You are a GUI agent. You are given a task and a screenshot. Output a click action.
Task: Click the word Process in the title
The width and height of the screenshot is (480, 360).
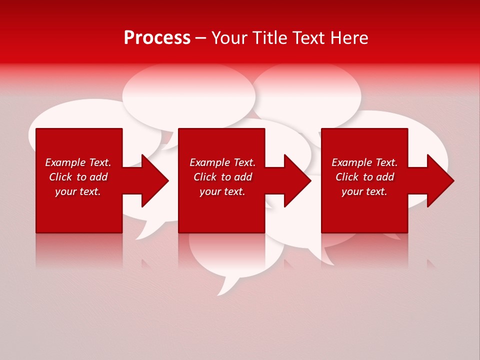click(157, 38)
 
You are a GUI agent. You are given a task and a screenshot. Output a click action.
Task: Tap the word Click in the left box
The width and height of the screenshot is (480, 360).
click(60, 177)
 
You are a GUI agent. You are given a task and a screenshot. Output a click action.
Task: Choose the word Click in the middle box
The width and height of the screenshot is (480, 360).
click(204, 177)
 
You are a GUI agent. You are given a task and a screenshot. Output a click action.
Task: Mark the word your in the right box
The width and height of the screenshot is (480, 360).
click(352, 192)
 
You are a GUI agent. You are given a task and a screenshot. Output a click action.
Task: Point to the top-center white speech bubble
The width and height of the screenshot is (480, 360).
click(189, 95)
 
